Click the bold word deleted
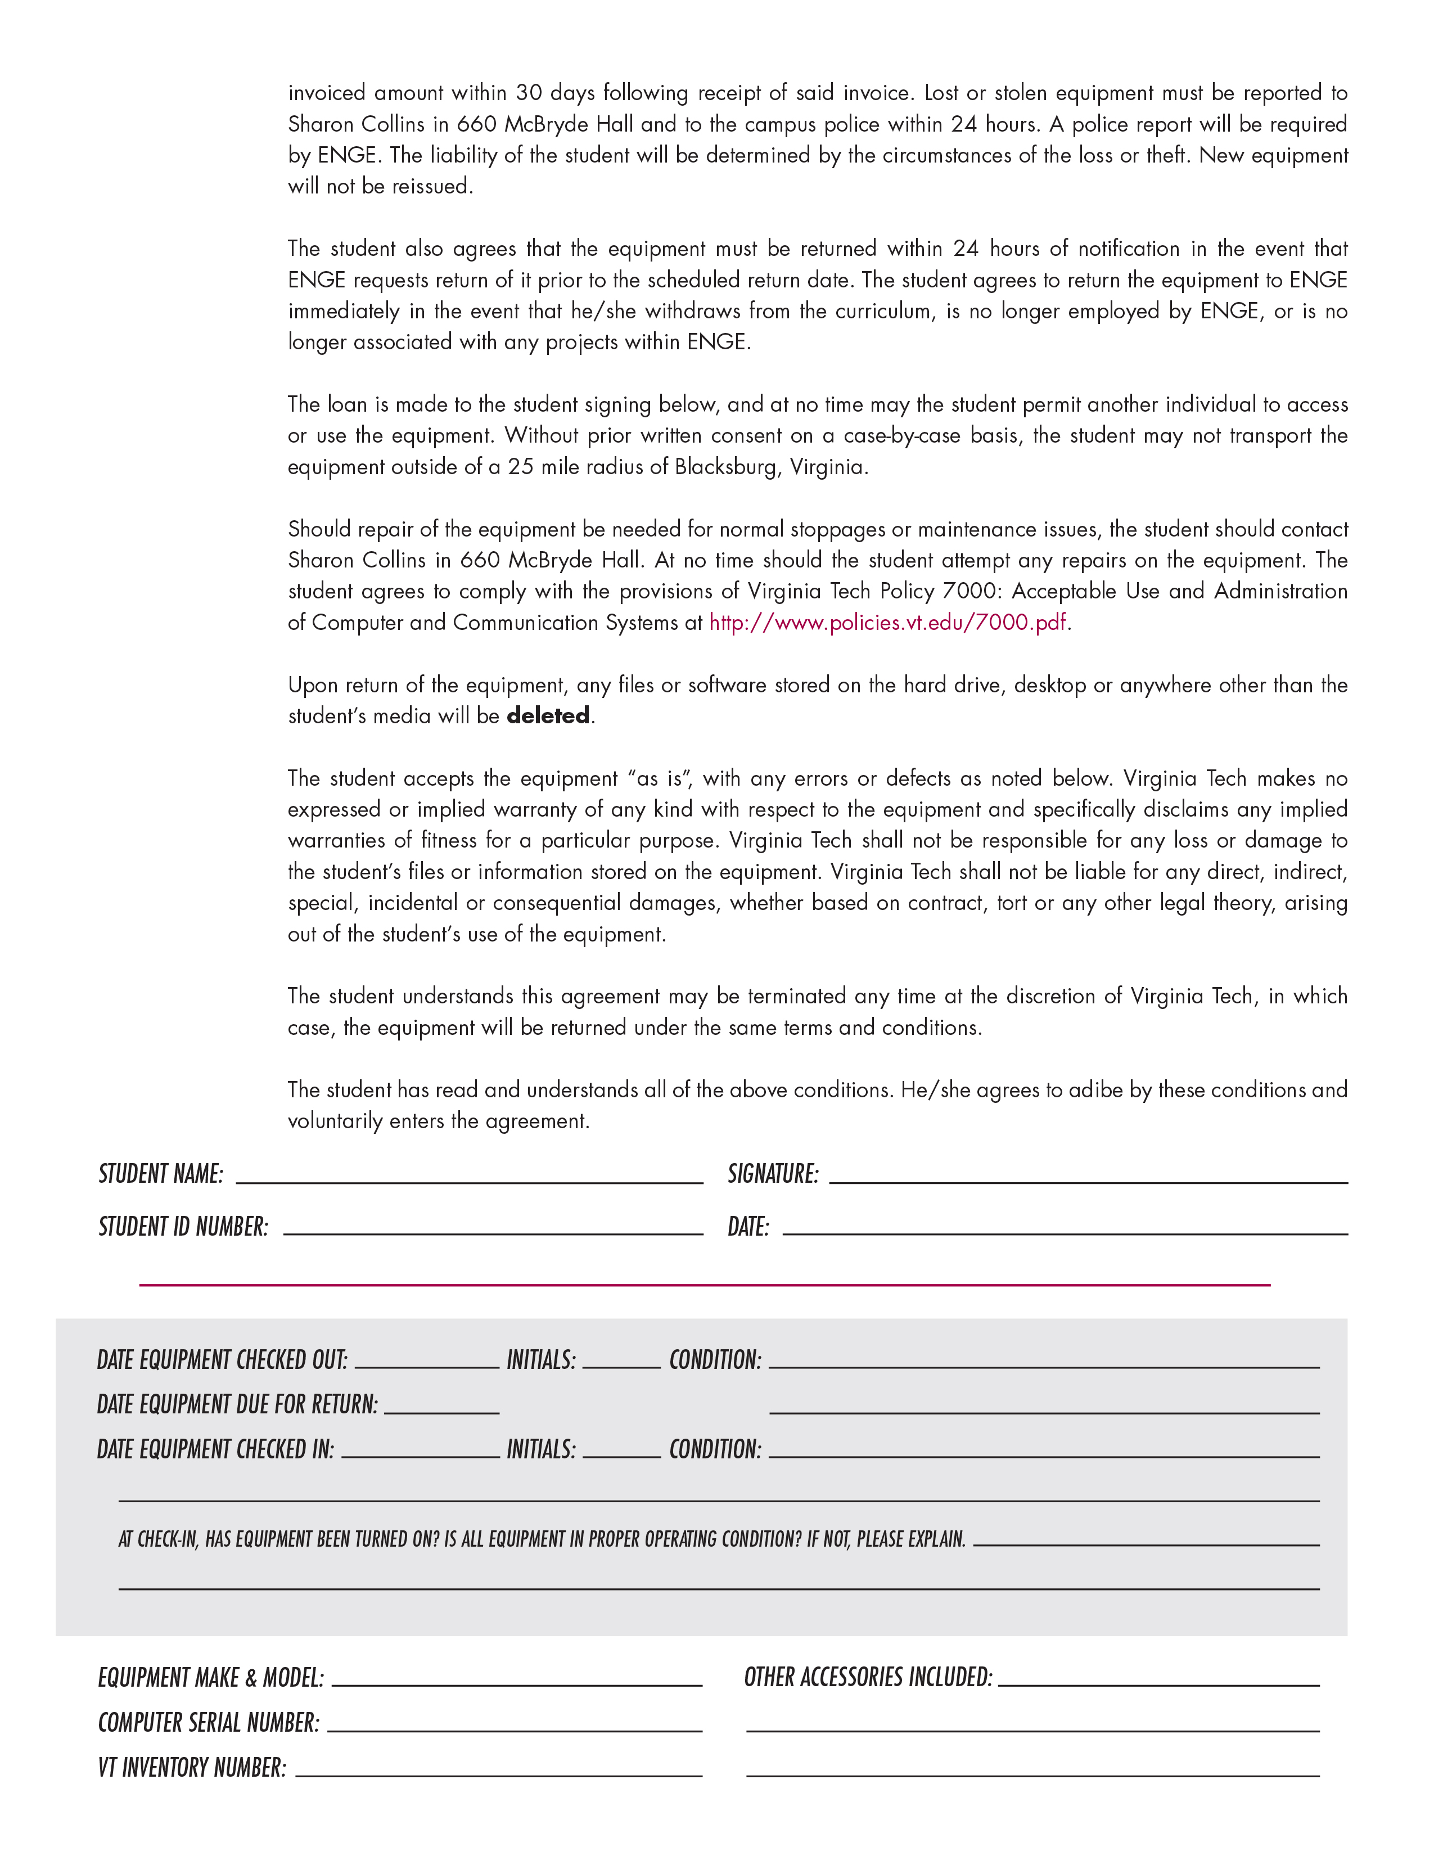548,715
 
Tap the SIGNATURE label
773,1174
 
